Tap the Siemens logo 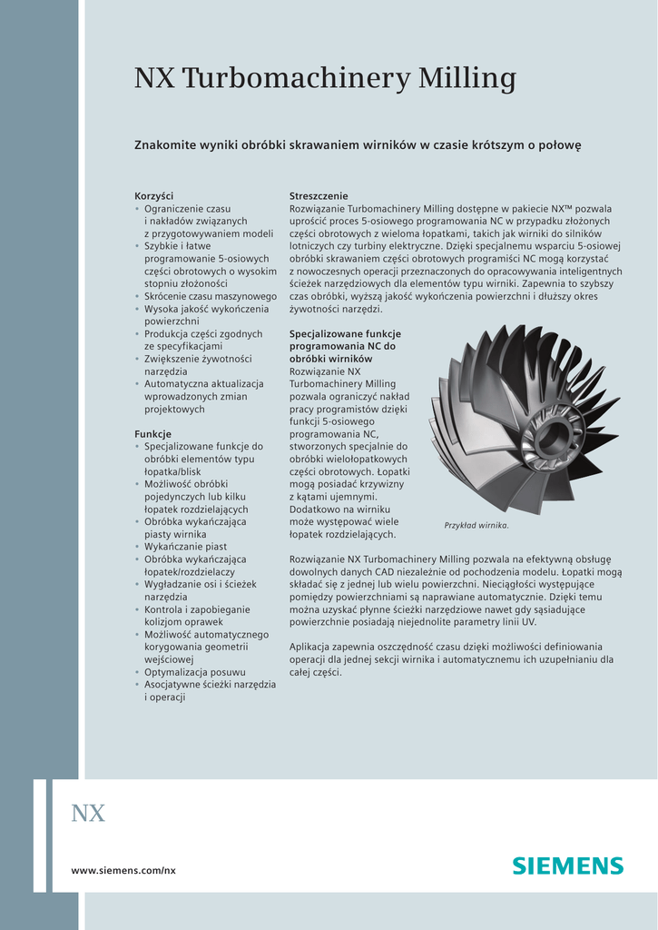coord(568,866)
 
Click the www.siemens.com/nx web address coord(123,870)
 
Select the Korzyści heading coord(153,196)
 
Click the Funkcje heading coord(152,434)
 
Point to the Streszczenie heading coord(319,196)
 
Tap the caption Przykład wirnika coord(476,526)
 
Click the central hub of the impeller coord(552,437)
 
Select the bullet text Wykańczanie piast coord(185,547)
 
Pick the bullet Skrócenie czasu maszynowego coord(211,296)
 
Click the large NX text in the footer coord(88,814)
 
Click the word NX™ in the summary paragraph coord(561,208)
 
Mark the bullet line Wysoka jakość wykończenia coord(206,309)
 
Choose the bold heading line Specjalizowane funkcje coord(345,334)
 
